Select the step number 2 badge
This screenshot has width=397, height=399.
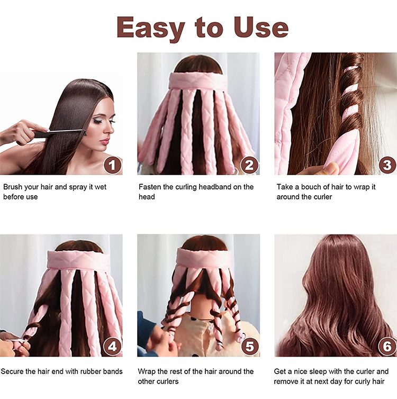click(x=249, y=165)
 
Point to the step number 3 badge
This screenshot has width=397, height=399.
click(x=386, y=165)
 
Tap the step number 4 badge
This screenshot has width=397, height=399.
click(x=112, y=347)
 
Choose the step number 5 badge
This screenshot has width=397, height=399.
click(x=249, y=347)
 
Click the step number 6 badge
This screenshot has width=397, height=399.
click(x=386, y=347)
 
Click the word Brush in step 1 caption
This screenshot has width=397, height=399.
click(x=13, y=187)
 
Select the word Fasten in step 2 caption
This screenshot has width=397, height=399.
click(x=150, y=187)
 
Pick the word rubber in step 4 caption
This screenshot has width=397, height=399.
click(x=94, y=371)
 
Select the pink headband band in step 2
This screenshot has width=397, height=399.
click(x=198, y=81)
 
